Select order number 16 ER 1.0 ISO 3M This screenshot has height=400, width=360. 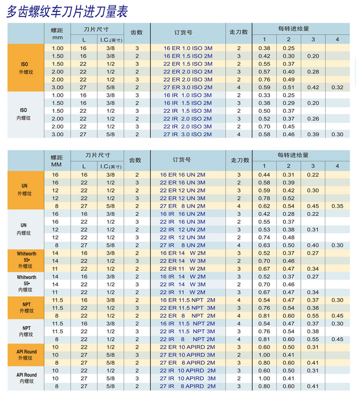pos(188,48)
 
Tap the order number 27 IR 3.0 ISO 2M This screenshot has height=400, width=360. pos(187,134)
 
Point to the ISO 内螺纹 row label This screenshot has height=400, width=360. pos(24,114)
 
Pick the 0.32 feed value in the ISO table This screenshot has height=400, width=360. pos(337,88)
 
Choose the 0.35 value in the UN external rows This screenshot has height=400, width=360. pos(337,206)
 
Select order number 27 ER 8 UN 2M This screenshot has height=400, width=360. pos(183,206)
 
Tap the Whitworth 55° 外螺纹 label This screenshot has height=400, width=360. pos(26,260)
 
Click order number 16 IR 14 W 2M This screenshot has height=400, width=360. pos(183,277)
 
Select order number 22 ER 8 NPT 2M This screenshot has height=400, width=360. pos(187,316)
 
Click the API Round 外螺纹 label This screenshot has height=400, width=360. pos(26,355)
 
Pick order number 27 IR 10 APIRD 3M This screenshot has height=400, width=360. pos(187,378)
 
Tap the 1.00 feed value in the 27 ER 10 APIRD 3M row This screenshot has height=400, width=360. pos(264,355)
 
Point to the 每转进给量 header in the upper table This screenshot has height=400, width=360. pos(294,28)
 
